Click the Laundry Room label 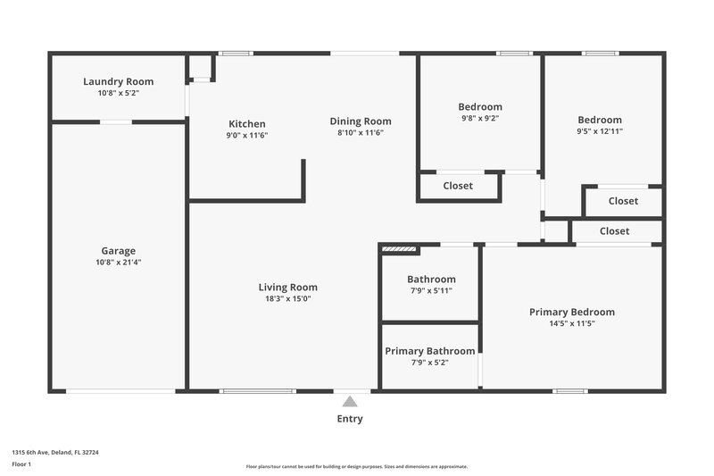pyautogui.click(x=119, y=81)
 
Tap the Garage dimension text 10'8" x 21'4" pyautogui.click(x=119, y=263)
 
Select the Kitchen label pyautogui.click(x=247, y=124)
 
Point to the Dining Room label pyautogui.click(x=361, y=121)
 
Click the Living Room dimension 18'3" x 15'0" pyautogui.click(x=287, y=299)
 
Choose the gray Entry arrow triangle pyautogui.click(x=350, y=402)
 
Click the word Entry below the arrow pyautogui.click(x=350, y=419)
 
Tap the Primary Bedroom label pyautogui.click(x=572, y=312)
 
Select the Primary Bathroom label pyautogui.click(x=429, y=351)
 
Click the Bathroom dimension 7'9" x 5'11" pyautogui.click(x=431, y=290)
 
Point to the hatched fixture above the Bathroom pyautogui.click(x=399, y=250)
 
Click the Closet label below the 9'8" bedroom pyautogui.click(x=458, y=186)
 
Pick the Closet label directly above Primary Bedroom pyautogui.click(x=614, y=231)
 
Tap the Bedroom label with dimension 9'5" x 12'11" pyautogui.click(x=600, y=120)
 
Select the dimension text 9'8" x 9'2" pyautogui.click(x=480, y=118)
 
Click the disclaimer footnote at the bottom pyautogui.click(x=357, y=466)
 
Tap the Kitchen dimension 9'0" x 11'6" pyautogui.click(x=247, y=136)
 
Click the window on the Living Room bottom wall pyautogui.click(x=258, y=390)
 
